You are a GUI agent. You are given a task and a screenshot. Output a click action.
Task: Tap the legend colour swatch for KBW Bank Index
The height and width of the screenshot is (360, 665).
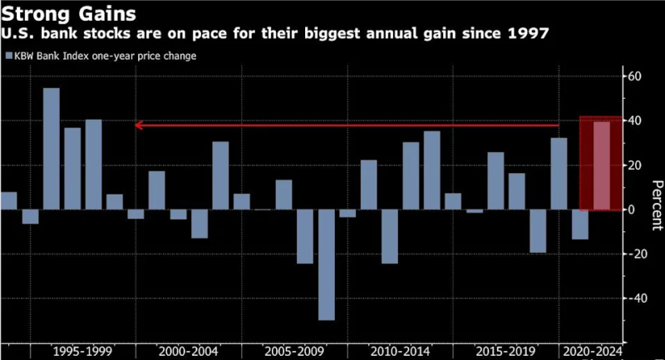pos(8,57)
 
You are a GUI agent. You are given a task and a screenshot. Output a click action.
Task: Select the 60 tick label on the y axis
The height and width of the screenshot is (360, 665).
pos(636,76)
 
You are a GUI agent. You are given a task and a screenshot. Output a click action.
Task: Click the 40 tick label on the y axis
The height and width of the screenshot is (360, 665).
pos(636,121)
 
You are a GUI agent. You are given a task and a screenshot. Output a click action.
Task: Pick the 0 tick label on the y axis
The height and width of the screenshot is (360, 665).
pos(633,210)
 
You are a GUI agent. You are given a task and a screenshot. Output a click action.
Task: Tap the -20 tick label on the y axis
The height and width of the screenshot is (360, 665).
pos(638,254)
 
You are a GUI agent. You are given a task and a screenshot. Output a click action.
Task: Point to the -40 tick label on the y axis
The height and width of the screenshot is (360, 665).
pos(638,298)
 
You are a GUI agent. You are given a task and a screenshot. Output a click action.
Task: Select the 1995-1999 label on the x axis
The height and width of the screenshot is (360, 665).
pos(81,350)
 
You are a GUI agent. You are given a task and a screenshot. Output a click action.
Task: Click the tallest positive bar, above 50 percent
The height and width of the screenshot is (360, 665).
pos(52,148)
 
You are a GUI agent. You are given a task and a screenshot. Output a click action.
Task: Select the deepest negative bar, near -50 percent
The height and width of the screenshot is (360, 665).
pos(327,264)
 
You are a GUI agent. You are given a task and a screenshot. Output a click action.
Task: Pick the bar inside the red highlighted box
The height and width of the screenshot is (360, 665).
pos(601,165)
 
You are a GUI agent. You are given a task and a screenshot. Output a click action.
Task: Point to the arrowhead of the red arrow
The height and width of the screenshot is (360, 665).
pos(139,125)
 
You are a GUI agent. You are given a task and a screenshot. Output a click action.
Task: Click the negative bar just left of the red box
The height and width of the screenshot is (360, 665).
pos(580,224)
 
